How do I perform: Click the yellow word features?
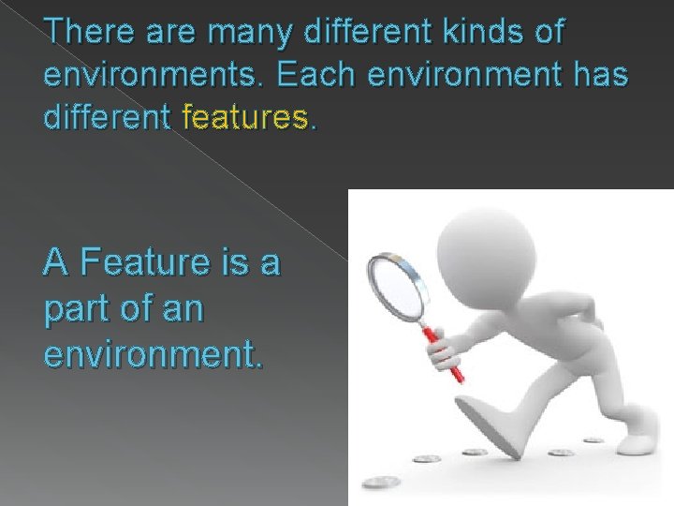tap(251, 118)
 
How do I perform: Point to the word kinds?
tap(480, 32)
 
